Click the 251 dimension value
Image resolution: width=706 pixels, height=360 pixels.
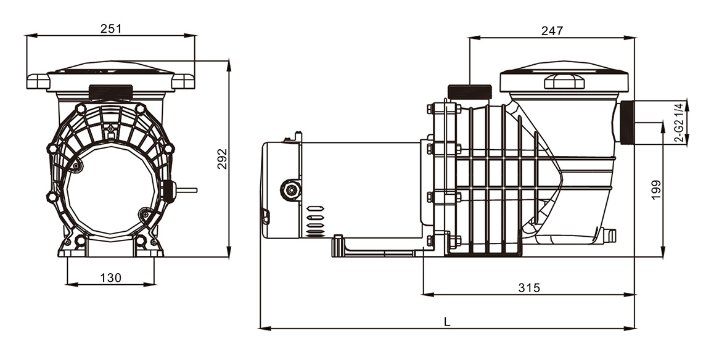coord(111,29)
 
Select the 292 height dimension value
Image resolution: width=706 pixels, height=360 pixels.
coord(223,159)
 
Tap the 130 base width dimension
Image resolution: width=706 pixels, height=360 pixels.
coord(111,277)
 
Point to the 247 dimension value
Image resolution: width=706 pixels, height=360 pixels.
coord(552,31)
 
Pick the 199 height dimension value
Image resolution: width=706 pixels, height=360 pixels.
coord(656,190)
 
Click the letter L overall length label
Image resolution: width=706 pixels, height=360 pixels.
coord(446,321)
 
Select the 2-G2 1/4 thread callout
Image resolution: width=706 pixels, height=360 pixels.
coord(679,123)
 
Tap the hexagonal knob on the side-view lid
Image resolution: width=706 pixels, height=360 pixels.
coord(564,81)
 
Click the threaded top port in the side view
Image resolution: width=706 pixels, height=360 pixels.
coord(470,92)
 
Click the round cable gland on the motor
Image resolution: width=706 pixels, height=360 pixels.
coord(291,190)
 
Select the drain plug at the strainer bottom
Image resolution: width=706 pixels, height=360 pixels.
coord(607,235)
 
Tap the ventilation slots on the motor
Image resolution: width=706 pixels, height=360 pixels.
coord(314,221)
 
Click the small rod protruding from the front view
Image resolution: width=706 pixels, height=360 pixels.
coord(186,190)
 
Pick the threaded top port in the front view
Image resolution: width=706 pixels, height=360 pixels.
coord(111,92)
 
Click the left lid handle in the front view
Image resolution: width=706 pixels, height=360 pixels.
coord(38,81)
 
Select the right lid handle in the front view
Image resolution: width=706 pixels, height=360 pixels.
coord(183,81)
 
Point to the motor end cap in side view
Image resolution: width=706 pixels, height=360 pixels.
coord(281,189)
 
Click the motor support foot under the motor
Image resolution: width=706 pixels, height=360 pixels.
coord(373,247)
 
